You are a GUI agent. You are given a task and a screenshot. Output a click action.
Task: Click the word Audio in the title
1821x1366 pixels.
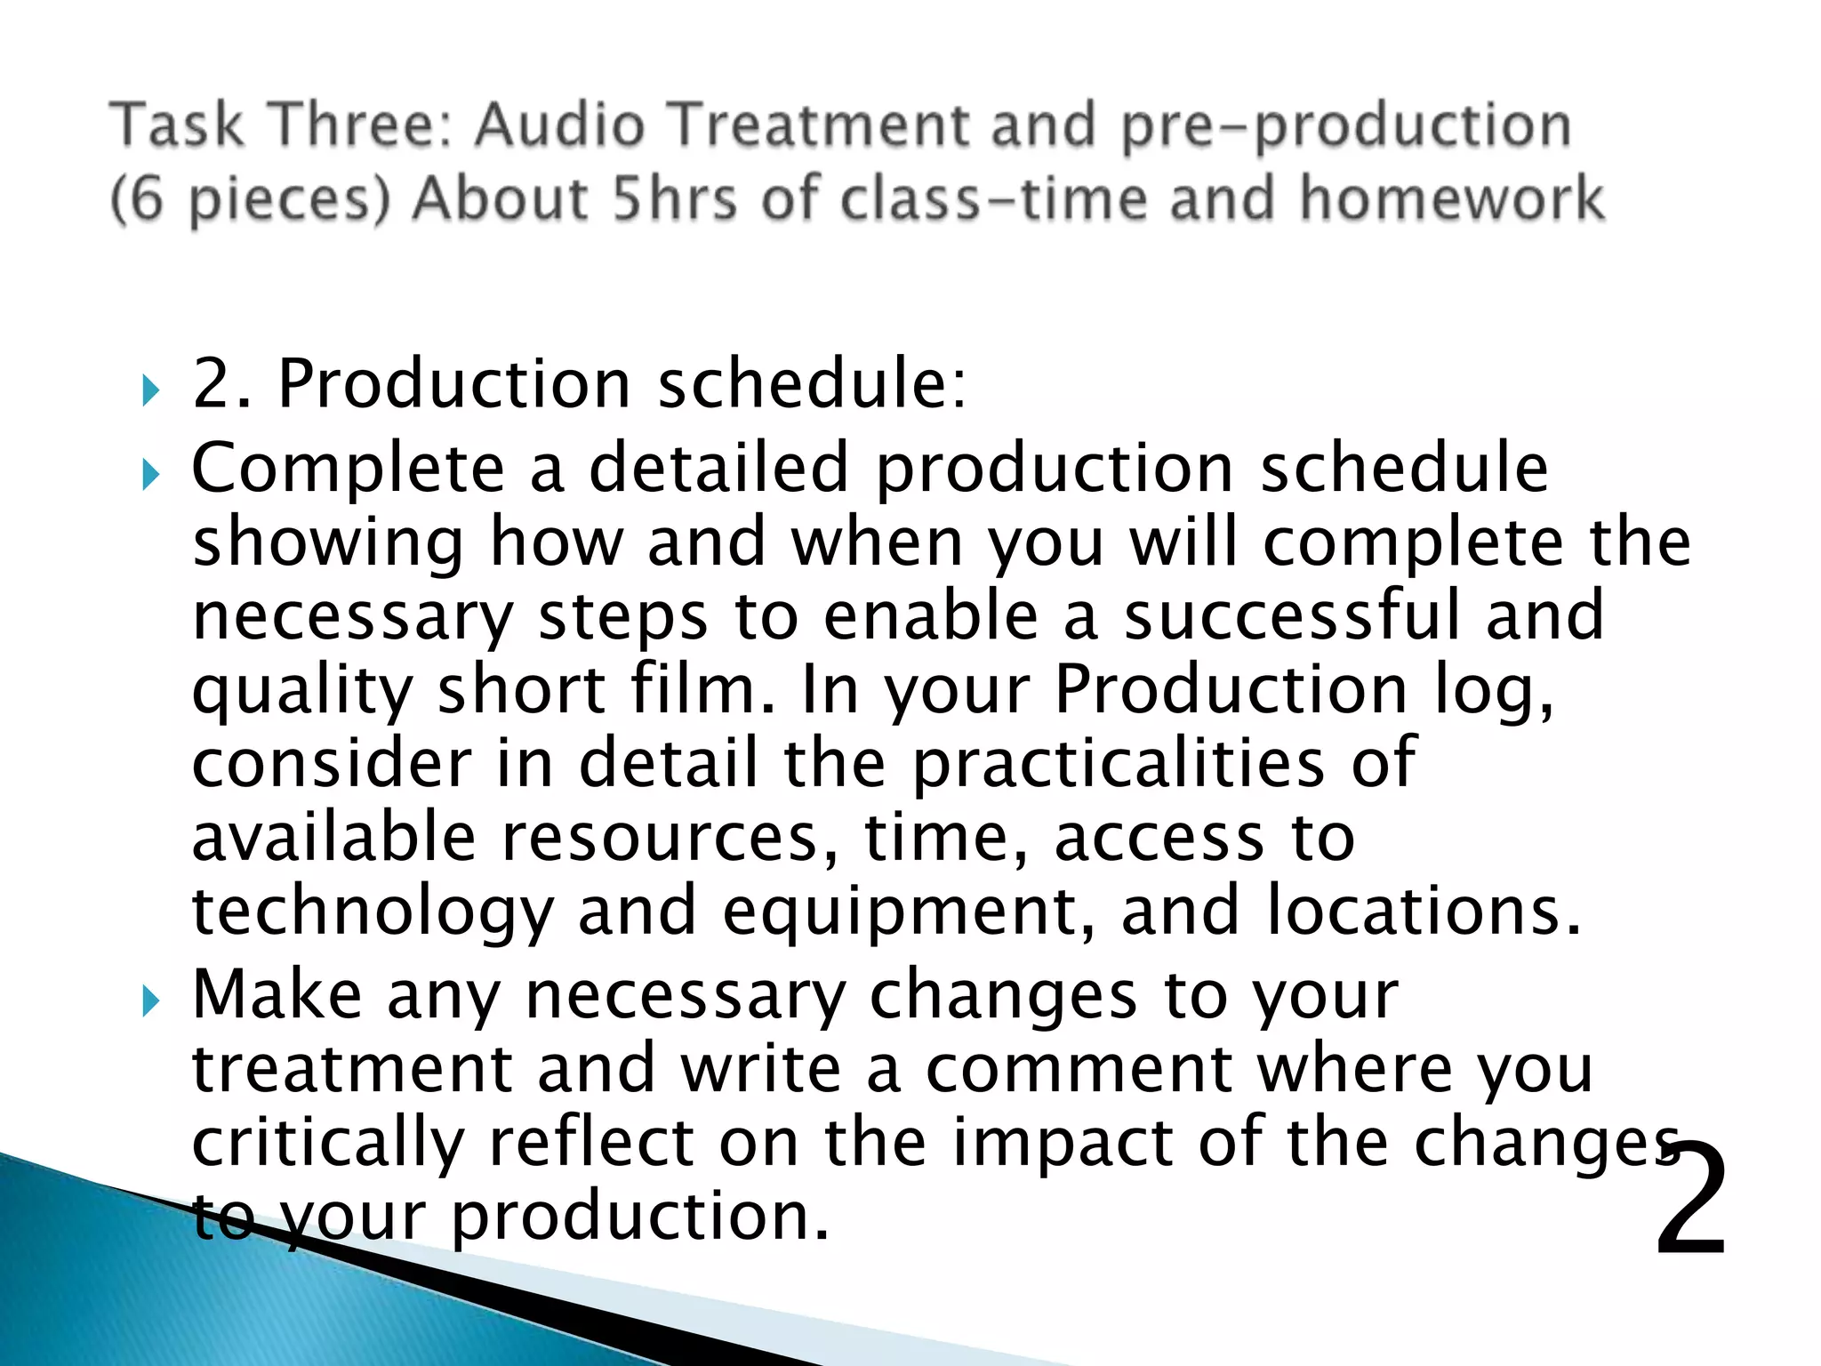(x=558, y=125)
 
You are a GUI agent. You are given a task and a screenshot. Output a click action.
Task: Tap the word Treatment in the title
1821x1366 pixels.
(x=818, y=125)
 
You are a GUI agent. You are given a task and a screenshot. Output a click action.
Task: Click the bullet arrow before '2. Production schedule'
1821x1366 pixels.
(x=150, y=390)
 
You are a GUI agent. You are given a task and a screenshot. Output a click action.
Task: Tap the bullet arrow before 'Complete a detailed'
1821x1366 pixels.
(x=150, y=475)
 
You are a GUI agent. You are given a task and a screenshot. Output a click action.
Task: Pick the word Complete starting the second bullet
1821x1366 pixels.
(x=348, y=470)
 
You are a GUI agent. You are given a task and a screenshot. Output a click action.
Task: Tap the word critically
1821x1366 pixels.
(x=328, y=1144)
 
